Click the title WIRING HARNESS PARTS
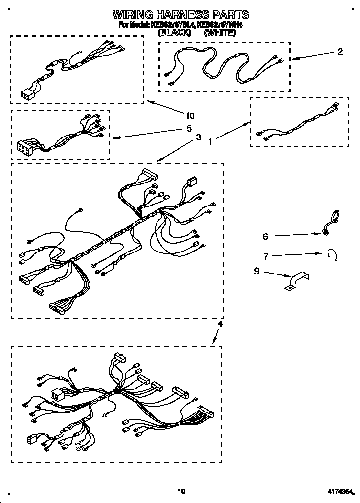pyautogui.click(x=181, y=14)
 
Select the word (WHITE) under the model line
pyautogui.click(x=220, y=34)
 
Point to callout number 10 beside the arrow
pyautogui.click(x=190, y=116)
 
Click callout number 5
pyautogui.click(x=189, y=130)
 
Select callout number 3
pyautogui.click(x=198, y=138)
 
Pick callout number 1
pyautogui.click(x=211, y=142)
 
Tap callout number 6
pyautogui.click(x=265, y=237)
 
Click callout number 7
pyautogui.click(x=265, y=256)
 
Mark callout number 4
pyautogui.click(x=220, y=324)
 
